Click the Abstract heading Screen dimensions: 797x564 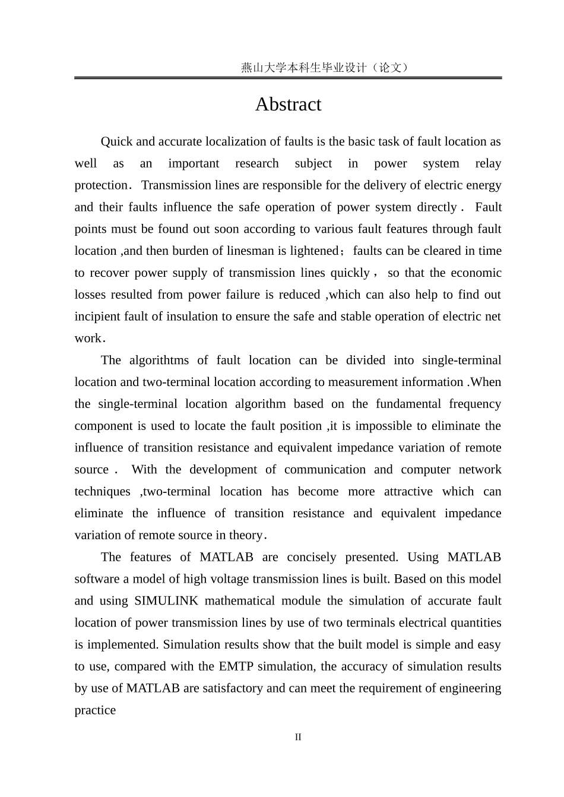[x=288, y=105]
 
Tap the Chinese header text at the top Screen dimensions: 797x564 [x=325, y=68]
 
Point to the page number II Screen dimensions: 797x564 [x=298, y=737]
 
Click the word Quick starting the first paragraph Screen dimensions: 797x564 [x=116, y=141]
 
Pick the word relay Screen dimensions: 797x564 [x=488, y=163]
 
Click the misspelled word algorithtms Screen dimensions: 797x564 [x=159, y=360]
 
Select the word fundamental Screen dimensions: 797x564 [x=408, y=404]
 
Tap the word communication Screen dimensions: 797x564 [x=325, y=469]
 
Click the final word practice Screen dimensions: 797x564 [x=95, y=710]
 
